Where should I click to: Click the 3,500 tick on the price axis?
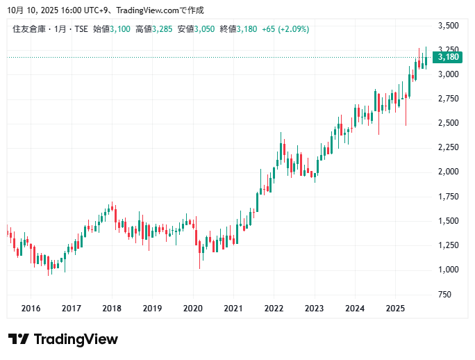(448, 26)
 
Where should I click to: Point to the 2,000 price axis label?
(448, 172)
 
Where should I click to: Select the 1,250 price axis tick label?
(448, 245)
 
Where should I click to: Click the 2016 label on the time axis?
(31, 308)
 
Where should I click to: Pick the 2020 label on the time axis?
(192, 308)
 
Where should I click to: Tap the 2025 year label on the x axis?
(395, 308)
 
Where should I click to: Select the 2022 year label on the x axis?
(274, 308)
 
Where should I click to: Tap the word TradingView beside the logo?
(76, 339)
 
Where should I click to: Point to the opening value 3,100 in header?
(120, 29)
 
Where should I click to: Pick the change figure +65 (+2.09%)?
(285, 29)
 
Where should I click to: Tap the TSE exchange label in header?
(81, 29)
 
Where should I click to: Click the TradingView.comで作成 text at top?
(160, 11)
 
